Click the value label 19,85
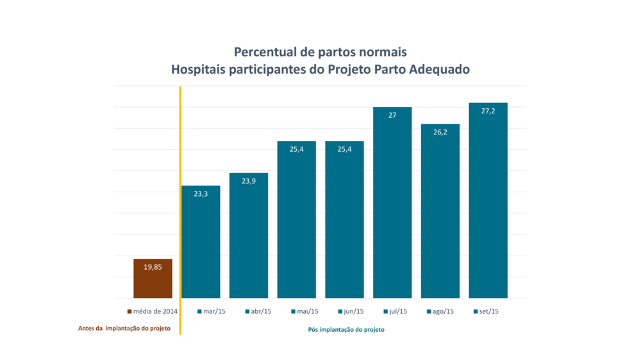(x=153, y=267)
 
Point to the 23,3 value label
(x=201, y=193)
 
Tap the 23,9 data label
(x=249, y=181)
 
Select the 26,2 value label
(x=440, y=133)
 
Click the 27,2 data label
(x=488, y=111)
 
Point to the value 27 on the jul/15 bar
(x=392, y=115)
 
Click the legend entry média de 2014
(x=153, y=312)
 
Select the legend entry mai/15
(x=304, y=312)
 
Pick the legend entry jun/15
(x=351, y=312)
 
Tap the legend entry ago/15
(x=440, y=312)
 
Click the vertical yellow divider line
(x=180, y=211)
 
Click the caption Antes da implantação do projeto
(x=124, y=329)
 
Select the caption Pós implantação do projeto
(x=346, y=330)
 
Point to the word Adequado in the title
(x=438, y=69)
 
